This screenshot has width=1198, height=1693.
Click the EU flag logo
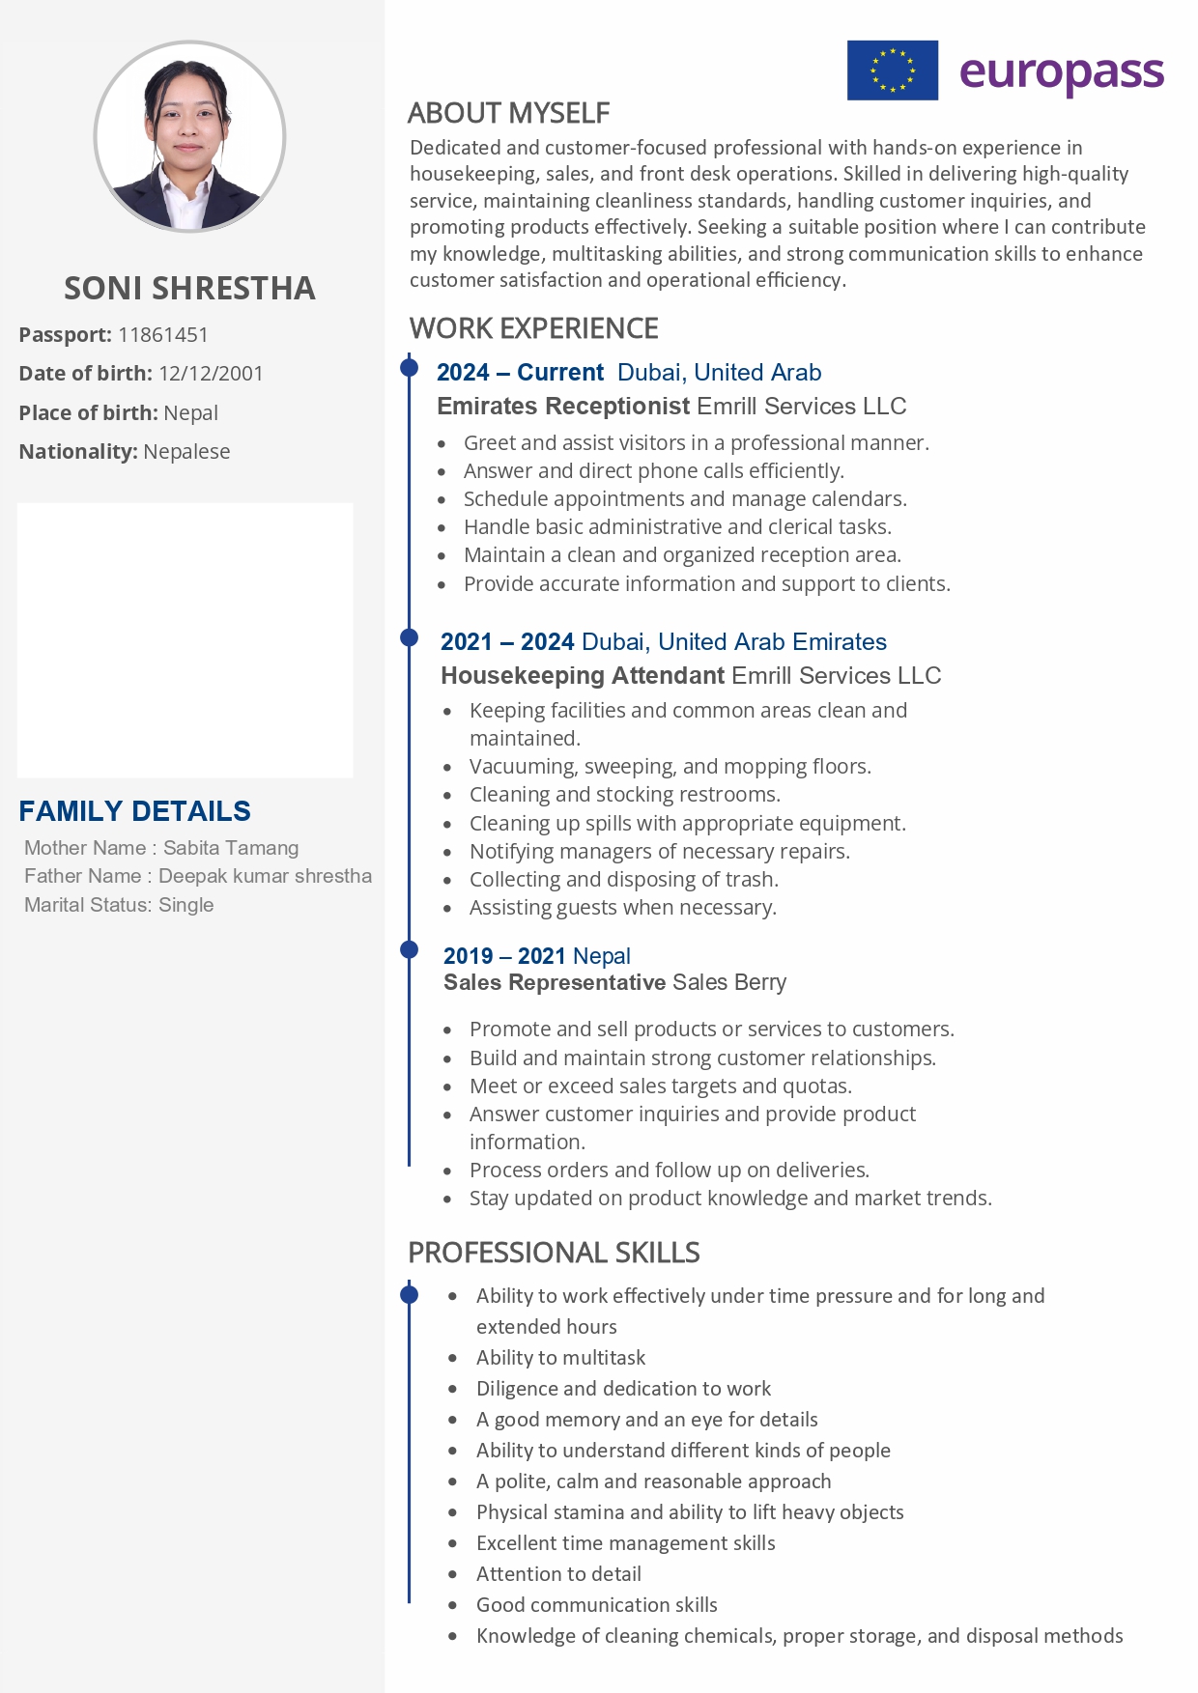pyautogui.click(x=892, y=71)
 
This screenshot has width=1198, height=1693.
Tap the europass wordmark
pyautogui.click(x=1062, y=72)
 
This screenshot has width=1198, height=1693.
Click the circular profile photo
pyautogui.click(x=189, y=136)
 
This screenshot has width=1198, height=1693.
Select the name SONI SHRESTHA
pyautogui.click(x=189, y=288)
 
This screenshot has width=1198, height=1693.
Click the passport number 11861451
pyautogui.click(x=162, y=335)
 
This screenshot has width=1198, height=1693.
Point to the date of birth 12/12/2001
pyautogui.click(x=211, y=374)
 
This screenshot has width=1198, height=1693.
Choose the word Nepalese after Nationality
pyautogui.click(x=186, y=452)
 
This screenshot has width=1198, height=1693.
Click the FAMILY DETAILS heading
pyautogui.click(x=134, y=811)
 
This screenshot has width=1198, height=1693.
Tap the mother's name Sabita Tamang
pyautogui.click(x=231, y=848)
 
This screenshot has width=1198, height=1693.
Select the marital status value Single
pyautogui.click(x=185, y=905)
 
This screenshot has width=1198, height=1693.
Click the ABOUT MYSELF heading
pyautogui.click(x=508, y=113)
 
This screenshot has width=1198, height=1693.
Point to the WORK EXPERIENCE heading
pyautogui.click(x=533, y=328)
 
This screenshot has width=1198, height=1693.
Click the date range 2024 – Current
pyautogui.click(x=520, y=373)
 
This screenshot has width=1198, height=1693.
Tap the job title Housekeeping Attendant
pyautogui.click(x=582, y=675)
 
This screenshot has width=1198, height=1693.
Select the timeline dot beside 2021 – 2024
pyautogui.click(x=410, y=637)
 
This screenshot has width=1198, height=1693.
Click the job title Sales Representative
pyautogui.click(x=554, y=982)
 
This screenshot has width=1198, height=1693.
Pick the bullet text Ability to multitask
pyautogui.click(x=560, y=1358)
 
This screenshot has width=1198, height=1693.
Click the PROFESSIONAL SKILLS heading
pyautogui.click(x=554, y=1253)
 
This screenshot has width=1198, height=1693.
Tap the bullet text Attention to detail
pyautogui.click(x=558, y=1574)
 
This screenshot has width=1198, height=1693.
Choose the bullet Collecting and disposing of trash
pyautogui.click(x=623, y=880)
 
